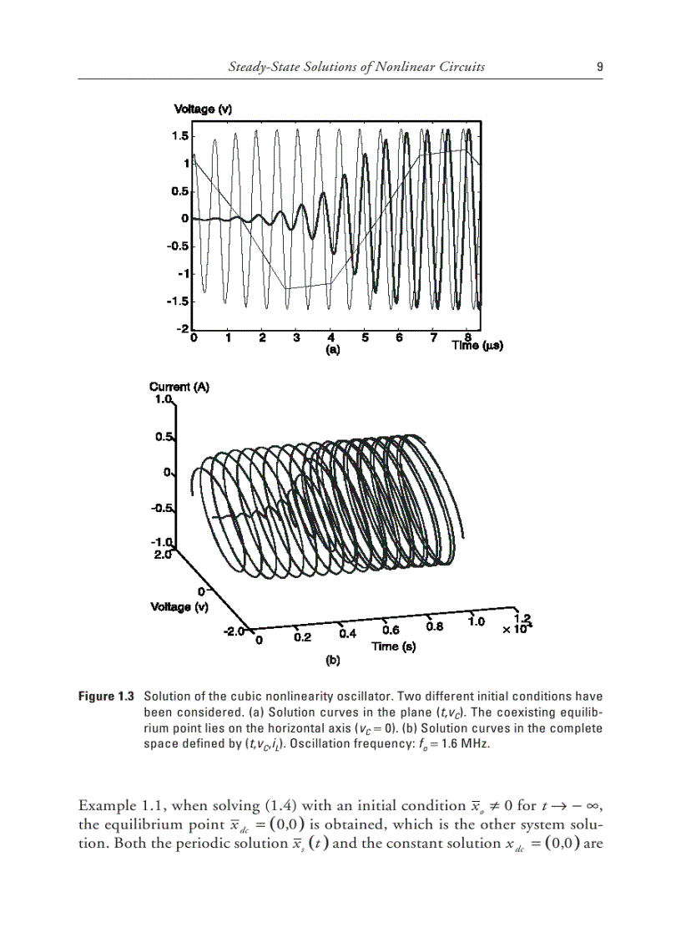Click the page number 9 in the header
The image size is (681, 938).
pyautogui.click(x=600, y=67)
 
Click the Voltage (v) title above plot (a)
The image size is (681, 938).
pyautogui.click(x=203, y=109)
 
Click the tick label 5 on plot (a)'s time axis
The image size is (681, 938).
pyautogui.click(x=365, y=338)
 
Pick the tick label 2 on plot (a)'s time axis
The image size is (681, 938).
pyautogui.click(x=262, y=338)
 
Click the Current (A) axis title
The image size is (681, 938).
pyautogui.click(x=179, y=387)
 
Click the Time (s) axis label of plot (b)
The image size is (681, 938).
pyautogui.click(x=394, y=646)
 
